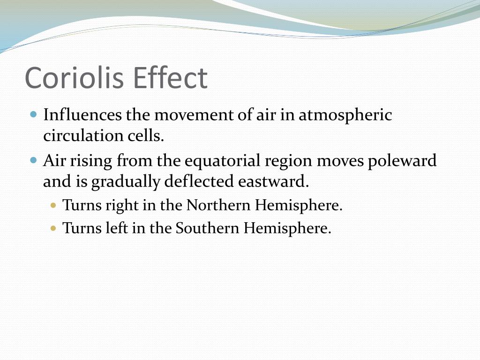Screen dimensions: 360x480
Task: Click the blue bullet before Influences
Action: click(33, 114)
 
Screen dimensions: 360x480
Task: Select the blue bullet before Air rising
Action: click(33, 160)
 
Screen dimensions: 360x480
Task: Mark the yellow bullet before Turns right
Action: click(53, 205)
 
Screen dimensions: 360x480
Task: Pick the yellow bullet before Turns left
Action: click(53, 228)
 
